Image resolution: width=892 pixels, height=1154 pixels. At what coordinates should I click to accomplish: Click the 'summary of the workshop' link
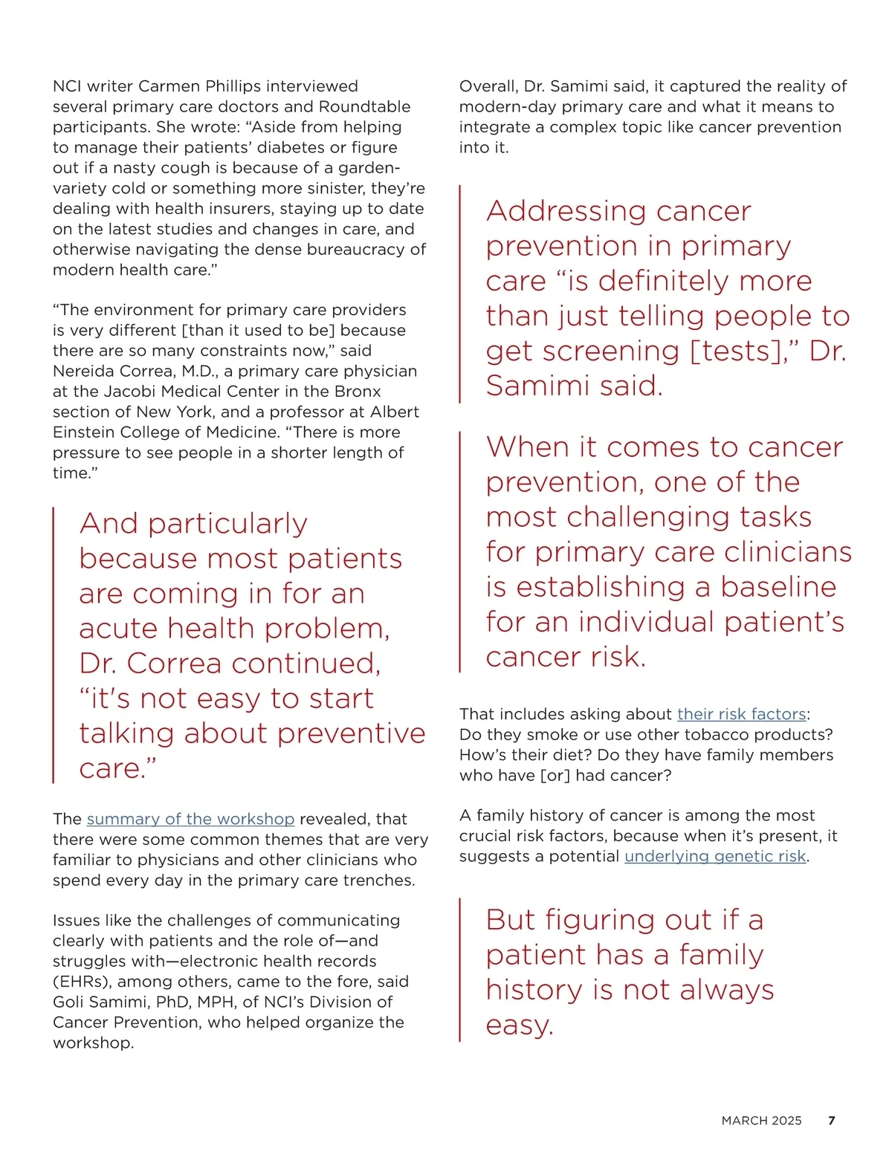pyautogui.click(x=190, y=819)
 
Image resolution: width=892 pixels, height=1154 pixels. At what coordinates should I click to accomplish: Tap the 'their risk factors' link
pyautogui.click(x=741, y=714)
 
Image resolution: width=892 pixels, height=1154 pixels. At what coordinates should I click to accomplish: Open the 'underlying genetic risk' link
pyautogui.click(x=715, y=856)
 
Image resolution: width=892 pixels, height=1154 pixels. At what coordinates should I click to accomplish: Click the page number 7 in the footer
pyautogui.click(x=832, y=1121)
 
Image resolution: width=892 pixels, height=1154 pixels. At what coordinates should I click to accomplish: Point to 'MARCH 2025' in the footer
pyautogui.click(x=761, y=1121)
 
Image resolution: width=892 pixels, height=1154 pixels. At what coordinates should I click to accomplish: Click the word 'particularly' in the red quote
pyautogui.click(x=227, y=525)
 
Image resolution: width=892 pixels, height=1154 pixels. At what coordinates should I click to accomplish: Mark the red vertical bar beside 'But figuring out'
pyautogui.click(x=460, y=969)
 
